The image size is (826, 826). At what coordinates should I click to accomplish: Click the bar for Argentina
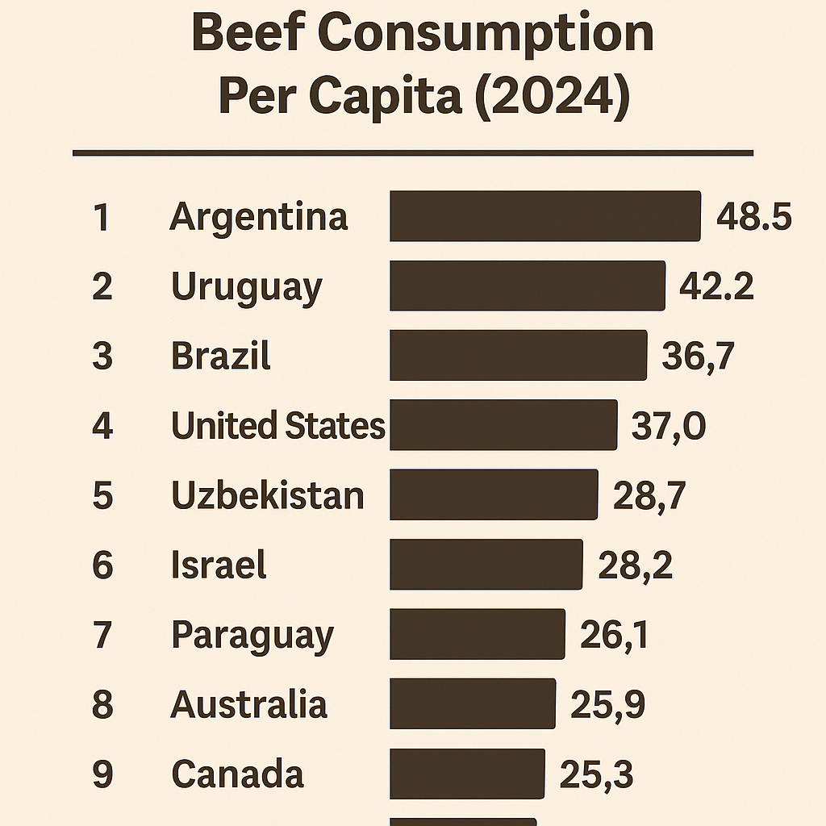(x=544, y=216)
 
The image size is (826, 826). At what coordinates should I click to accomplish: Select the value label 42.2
(x=716, y=286)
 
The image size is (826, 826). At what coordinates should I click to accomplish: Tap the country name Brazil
(x=221, y=356)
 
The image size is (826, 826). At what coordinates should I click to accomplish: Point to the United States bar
(x=503, y=425)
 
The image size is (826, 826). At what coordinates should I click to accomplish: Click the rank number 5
(x=102, y=495)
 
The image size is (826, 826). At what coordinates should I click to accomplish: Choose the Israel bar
(x=486, y=565)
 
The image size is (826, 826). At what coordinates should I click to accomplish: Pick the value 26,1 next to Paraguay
(x=614, y=635)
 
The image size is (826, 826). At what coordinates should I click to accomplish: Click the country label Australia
(x=248, y=704)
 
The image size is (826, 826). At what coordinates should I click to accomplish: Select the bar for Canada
(x=467, y=774)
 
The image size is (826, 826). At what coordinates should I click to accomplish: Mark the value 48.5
(x=753, y=217)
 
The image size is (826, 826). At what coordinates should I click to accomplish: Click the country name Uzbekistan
(x=267, y=495)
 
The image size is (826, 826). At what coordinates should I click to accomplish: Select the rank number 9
(x=102, y=774)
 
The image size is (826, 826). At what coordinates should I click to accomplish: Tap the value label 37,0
(x=668, y=426)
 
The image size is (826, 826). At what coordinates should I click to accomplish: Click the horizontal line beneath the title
(x=412, y=152)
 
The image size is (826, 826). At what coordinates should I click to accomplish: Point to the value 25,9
(x=607, y=705)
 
